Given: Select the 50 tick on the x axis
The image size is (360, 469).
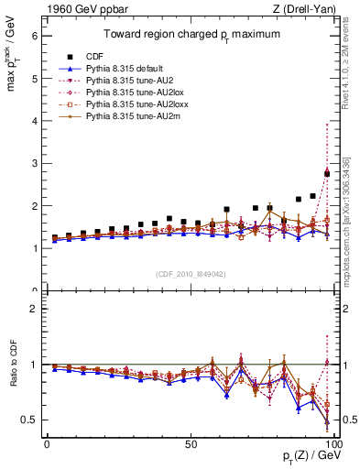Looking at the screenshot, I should pos(191,444).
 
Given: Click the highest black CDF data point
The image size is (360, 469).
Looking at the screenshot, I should pos(327,173).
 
